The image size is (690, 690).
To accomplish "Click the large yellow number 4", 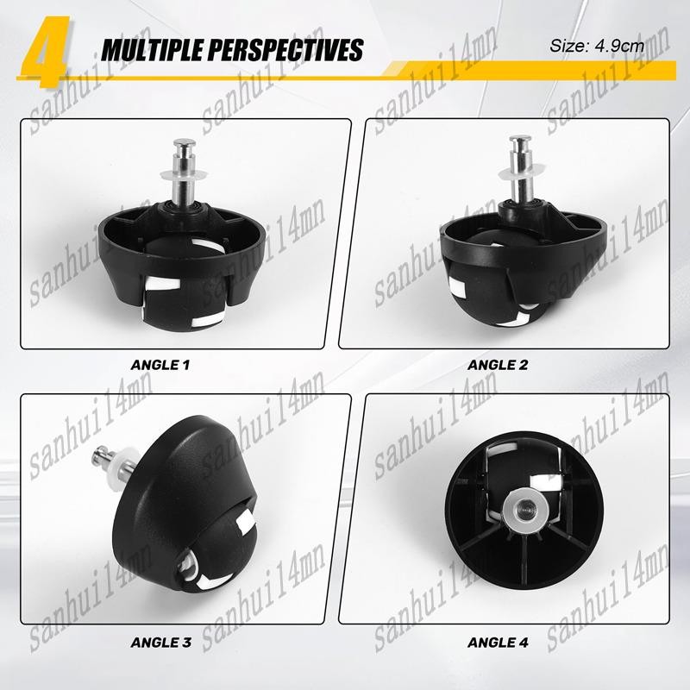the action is (x=45, y=51).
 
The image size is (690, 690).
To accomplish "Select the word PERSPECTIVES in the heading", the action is (x=285, y=49).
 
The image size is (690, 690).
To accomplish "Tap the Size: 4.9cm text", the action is (x=597, y=46).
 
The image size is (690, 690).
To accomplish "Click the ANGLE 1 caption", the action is (x=160, y=365).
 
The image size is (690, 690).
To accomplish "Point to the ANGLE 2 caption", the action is (x=498, y=365).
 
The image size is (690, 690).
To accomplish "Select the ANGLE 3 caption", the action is (x=161, y=643).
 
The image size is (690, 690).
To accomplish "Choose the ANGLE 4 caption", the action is (x=498, y=643).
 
